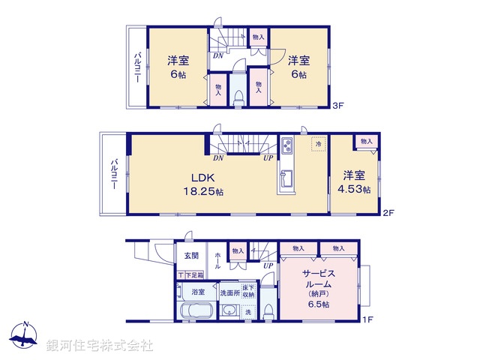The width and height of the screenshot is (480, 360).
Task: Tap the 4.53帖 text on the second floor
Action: pyautogui.click(x=355, y=190)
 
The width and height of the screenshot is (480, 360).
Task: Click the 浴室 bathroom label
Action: pyautogui.click(x=198, y=292)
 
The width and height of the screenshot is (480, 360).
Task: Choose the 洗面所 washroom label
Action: pyautogui.click(x=229, y=292)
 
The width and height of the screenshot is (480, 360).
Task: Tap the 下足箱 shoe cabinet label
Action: pyautogui.click(x=192, y=276)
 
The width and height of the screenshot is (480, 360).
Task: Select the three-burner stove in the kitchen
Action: pyautogui.click(x=287, y=146)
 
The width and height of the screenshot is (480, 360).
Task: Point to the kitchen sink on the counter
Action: pyautogui.click(x=287, y=180)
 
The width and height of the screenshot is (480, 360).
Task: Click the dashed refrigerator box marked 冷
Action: pyautogui.click(x=318, y=144)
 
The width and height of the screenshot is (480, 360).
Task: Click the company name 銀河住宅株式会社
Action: pyautogui.click(x=99, y=346)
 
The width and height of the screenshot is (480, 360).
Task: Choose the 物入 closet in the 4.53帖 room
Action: pyautogui.click(x=366, y=141)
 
